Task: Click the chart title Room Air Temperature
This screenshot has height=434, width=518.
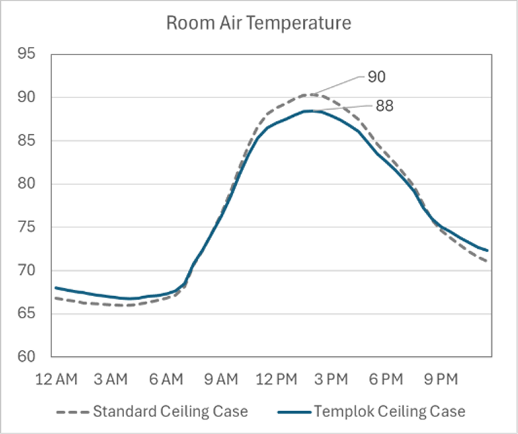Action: pyautogui.click(x=259, y=23)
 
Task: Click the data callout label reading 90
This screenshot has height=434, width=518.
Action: pyautogui.click(x=377, y=77)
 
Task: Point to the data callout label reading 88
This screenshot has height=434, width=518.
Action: pyautogui.click(x=384, y=106)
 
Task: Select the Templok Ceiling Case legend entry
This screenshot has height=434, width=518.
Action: pyautogui.click(x=389, y=411)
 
